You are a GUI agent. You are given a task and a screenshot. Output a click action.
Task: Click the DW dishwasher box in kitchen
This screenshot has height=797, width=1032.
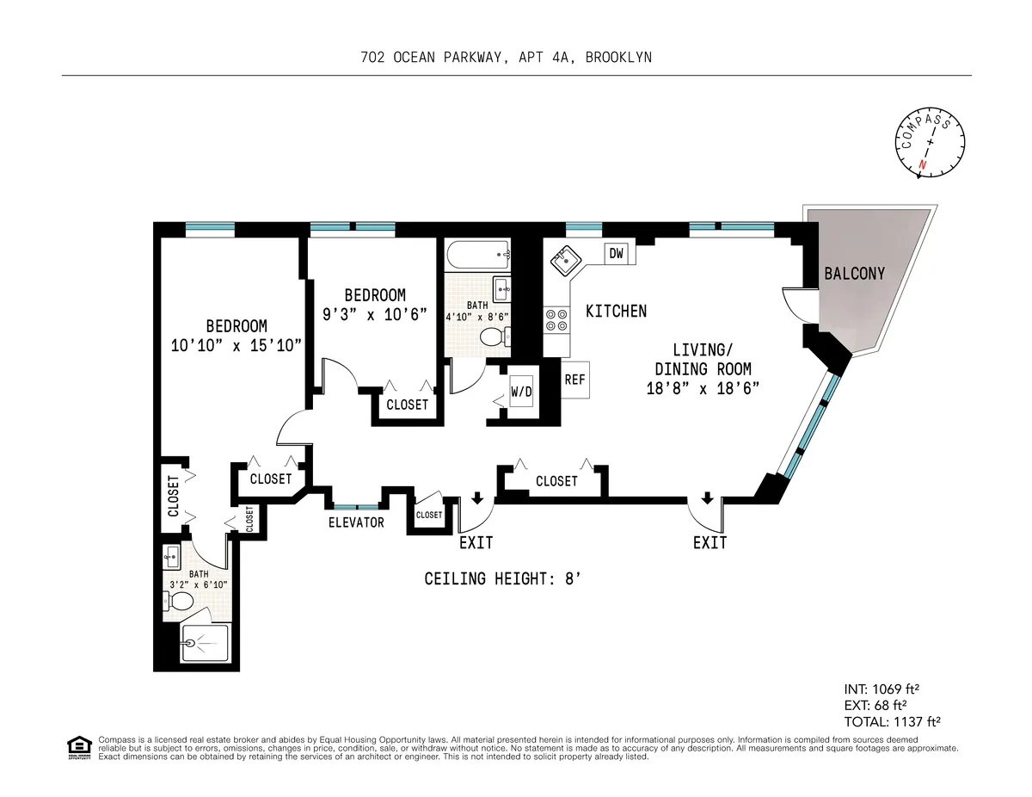616,253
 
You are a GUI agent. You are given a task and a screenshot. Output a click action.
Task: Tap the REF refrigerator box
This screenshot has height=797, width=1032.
574,380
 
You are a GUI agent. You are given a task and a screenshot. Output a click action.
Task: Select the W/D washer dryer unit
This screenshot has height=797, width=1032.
521,391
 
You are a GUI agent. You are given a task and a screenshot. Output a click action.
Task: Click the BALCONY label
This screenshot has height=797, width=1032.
854,274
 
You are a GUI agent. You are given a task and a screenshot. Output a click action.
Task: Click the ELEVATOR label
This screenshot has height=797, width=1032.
356,522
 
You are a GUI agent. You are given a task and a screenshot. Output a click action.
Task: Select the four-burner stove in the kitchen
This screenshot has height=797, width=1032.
556,320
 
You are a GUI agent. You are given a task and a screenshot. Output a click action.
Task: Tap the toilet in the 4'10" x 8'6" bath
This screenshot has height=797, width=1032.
494,336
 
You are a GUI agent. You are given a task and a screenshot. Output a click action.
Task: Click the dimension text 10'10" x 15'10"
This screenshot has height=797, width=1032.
236,345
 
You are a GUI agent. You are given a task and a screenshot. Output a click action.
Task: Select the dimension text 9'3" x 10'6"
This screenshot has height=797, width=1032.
375,314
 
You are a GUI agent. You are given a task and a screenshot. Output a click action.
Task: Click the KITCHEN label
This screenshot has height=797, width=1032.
616,311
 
